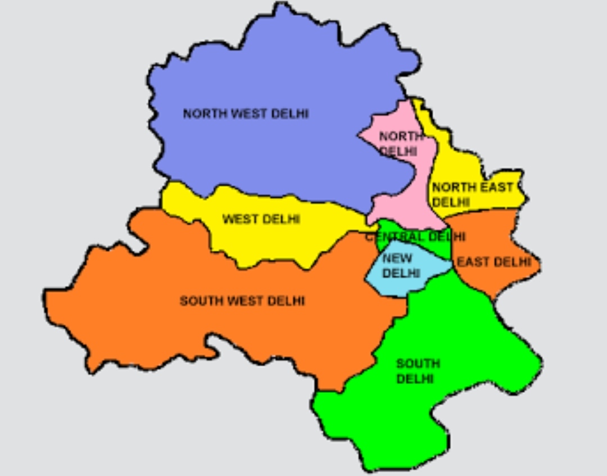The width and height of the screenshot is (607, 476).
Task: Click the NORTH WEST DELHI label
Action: pos(246,114)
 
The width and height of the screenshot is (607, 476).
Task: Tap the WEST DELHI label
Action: pos(261,219)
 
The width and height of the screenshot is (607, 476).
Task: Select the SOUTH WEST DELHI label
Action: pos(242,301)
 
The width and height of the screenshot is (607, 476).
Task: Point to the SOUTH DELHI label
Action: pos(418,371)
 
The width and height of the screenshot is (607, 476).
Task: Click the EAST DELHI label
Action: pos(493,262)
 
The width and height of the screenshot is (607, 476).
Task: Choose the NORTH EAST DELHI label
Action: pos(472,194)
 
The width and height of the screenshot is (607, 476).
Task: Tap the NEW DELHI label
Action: pos(401,266)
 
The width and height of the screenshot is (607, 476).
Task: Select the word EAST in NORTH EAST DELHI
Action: pos(497,187)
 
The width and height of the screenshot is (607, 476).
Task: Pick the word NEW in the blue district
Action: pos(397,259)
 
